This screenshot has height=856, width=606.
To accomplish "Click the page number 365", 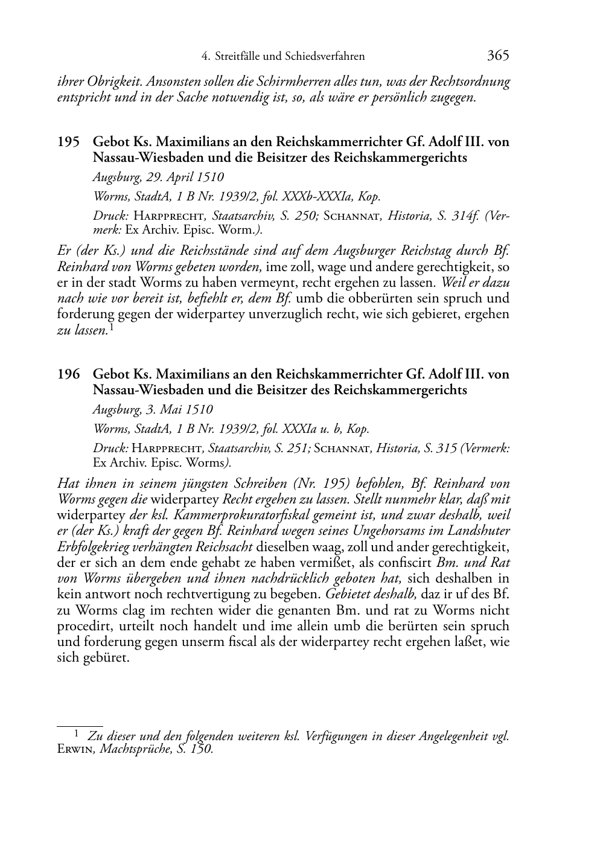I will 498,56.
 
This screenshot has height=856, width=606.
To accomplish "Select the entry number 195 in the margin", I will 68,142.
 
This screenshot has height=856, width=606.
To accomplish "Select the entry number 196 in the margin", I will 68,374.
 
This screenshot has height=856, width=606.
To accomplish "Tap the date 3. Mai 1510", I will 179,410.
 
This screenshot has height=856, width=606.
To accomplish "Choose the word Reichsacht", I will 225,547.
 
